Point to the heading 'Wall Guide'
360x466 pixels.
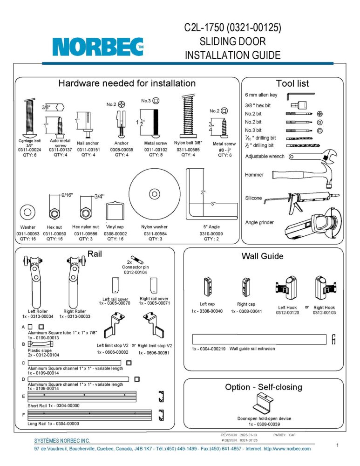(262, 256)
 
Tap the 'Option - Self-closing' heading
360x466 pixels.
(263, 387)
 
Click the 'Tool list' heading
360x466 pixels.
(292, 83)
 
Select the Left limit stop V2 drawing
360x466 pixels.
(115, 326)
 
